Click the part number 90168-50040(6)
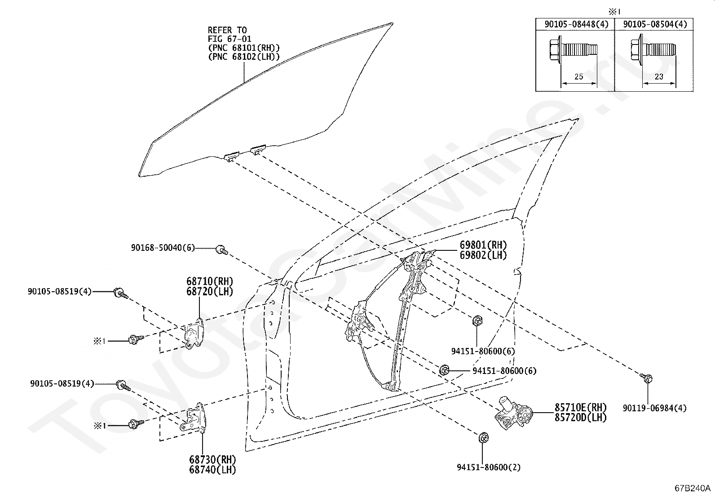click(x=163, y=248)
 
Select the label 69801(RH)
click(x=483, y=245)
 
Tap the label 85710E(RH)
click(x=580, y=407)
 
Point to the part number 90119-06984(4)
click(x=655, y=408)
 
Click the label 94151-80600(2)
click(x=489, y=467)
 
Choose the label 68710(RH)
click(x=210, y=281)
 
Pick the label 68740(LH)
click(x=212, y=470)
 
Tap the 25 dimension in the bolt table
click(x=579, y=77)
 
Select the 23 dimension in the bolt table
click(x=659, y=77)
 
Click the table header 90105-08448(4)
click(x=577, y=24)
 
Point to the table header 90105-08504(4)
click(x=655, y=24)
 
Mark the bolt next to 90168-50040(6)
click(x=222, y=249)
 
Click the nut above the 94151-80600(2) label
click(x=484, y=437)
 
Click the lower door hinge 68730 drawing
click(x=193, y=417)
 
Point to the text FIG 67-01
click(x=230, y=39)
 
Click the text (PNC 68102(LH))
click(x=244, y=57)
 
